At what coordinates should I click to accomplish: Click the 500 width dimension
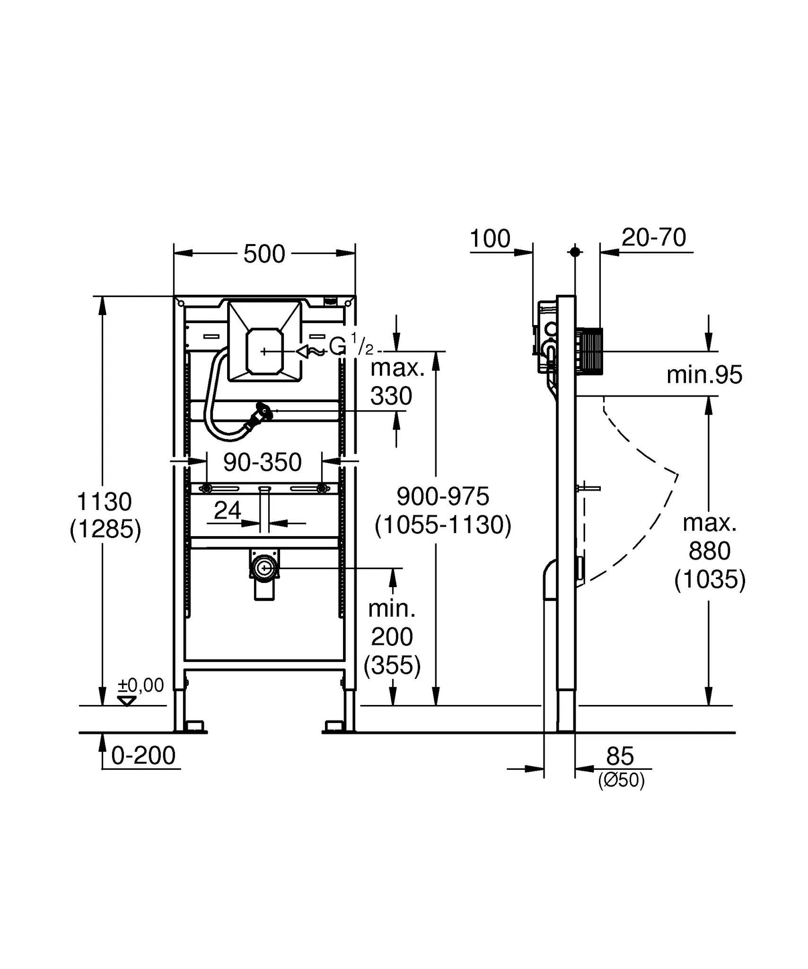click(x=264, y=254)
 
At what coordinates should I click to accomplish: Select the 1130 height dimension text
click(x=104, y=502)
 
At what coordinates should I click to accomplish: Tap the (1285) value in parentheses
click(x=105, y=529)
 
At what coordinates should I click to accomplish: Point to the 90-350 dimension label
click(x=262, y=462)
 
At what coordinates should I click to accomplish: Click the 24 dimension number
click(x=227, y=511)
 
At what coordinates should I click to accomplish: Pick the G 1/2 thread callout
click(x=351, y=346)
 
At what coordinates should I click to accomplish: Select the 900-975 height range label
click(x=443, y=496)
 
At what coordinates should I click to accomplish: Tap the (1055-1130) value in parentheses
click(x=443, y=525)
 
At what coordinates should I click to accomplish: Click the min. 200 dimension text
click(x=392, y=623)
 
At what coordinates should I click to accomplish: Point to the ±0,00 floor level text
click(x=141, y=685)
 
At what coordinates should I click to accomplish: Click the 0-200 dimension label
click(x=143, y=755)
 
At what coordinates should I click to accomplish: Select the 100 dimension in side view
click(x=490, y=238)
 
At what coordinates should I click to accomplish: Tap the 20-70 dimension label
click(x=654, y=238)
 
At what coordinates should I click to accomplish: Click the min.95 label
click(x=704, y=375)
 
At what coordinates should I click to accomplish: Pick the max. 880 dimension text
click(x=709, y=537)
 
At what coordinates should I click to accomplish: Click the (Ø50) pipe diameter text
click(x=621, y=780)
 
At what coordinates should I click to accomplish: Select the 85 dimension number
click(x=620, y=756)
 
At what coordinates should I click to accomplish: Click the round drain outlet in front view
click(x=264, y=568)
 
